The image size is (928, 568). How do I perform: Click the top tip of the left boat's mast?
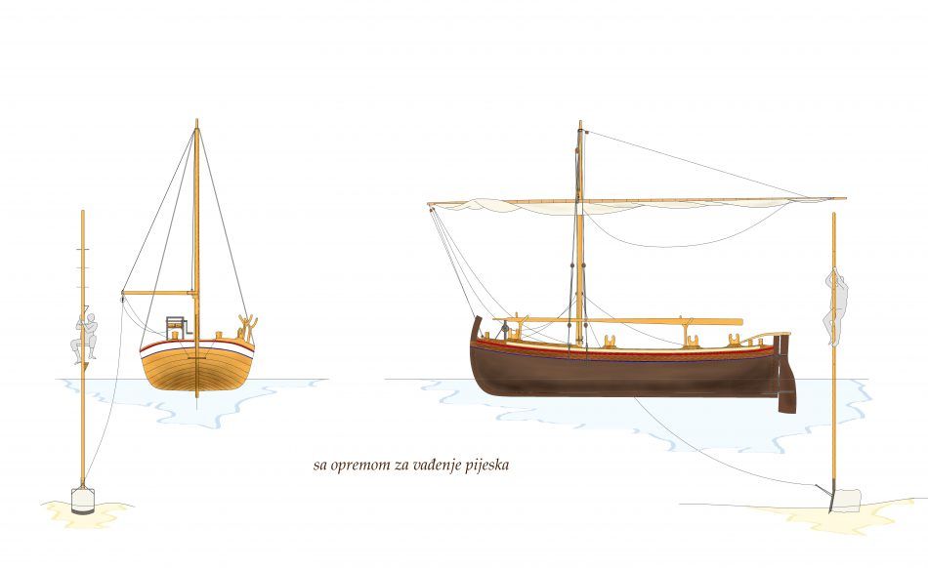tap(196, 120)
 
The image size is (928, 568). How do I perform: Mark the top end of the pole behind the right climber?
tap(834, 214)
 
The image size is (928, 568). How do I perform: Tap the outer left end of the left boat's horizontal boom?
tap(123, 293)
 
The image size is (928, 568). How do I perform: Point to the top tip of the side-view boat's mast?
tap(580, 122)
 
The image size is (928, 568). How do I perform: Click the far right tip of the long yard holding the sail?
tap(846, 198)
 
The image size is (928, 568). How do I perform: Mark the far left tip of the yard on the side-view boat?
tap(429, 205)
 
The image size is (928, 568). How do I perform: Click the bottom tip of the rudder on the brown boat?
tap(787, 412)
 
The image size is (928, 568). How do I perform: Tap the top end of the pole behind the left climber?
tap(82, 211)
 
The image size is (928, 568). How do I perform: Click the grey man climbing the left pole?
tap(85, 337)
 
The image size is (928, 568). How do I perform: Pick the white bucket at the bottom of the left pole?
tap(83, 500)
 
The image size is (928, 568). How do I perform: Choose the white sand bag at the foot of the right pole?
tap(845, 500)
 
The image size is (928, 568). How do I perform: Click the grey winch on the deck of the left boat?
tap(176, 328)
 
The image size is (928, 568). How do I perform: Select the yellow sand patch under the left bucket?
tap(87, 513)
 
